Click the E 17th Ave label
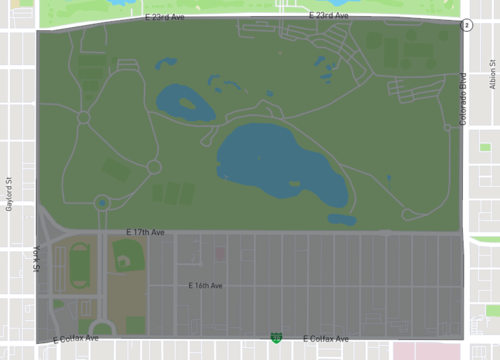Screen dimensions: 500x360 (x=145, y=232)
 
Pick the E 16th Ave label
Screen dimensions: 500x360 (x=206, y=285)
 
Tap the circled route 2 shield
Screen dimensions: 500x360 (x=466, y=25)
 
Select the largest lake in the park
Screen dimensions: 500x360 (x=275, y=160)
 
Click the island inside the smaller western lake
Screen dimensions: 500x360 (x=186, y=101)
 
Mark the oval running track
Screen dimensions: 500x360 (x=78, y=264)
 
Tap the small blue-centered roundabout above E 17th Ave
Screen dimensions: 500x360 (x=102, y=203)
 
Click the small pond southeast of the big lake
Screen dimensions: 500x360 (x=342, y=219)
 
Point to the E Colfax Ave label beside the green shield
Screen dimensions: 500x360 (x=328, y=339)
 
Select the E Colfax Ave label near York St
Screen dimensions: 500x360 (x=75, y=340)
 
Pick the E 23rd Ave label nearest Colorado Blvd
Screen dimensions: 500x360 (x=328, y=16)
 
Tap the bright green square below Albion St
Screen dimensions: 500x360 (x=485, y=147)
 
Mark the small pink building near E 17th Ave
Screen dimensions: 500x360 (x=220, y=254)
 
